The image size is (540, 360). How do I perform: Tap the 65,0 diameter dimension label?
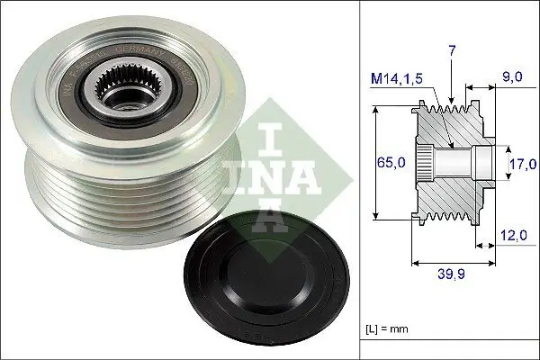click(x=391, y=163)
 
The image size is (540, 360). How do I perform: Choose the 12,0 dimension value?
click(x=512, y=236)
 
